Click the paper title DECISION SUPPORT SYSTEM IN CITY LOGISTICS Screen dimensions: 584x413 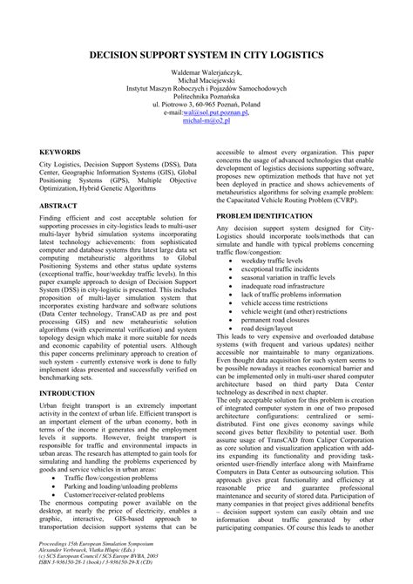tap(206, 54)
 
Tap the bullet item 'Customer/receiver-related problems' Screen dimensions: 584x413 tap(131, 495)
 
